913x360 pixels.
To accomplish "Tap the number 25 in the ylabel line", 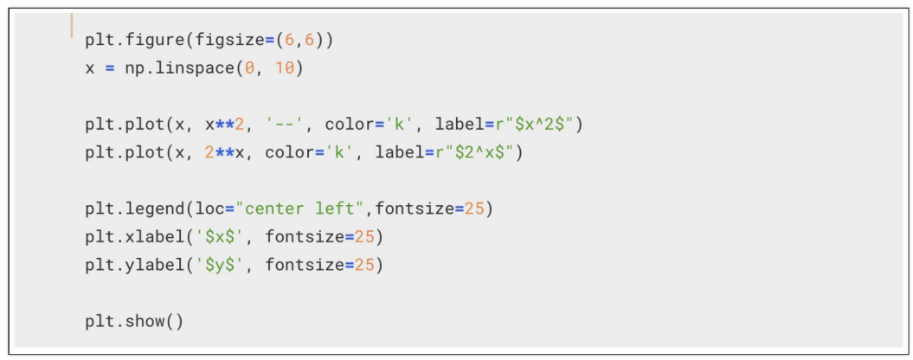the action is (365, 266).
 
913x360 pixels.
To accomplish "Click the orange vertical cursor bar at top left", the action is (72, 26).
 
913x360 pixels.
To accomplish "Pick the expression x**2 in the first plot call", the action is (226, 125).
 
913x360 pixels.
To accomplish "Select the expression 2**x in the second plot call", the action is (226, 153).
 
